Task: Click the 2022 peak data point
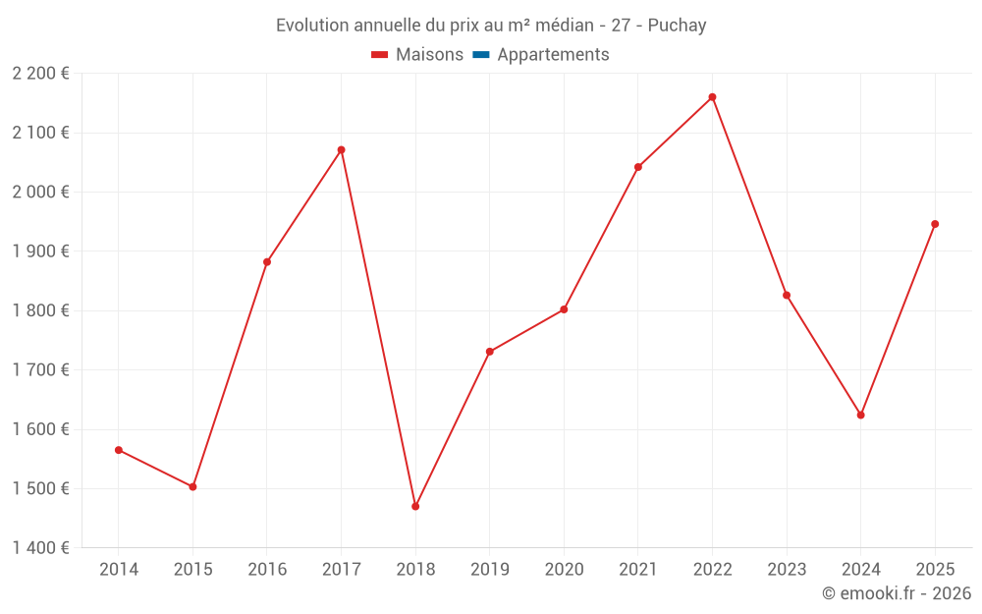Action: tap(712, 97)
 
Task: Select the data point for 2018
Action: tap(415, 507)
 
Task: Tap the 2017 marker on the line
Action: tap(341, 150)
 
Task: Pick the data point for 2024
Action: tap(860, 415)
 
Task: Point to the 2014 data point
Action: tap(119, 450)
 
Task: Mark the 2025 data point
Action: tap(935, 224)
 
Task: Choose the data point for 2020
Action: tap(564, 309)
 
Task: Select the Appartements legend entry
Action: tap(553, 55)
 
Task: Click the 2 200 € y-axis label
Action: tap(41, 74)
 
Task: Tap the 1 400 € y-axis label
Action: tap(41, 548)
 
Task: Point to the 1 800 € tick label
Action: tap(41, 310)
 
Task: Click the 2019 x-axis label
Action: tap(489, 570)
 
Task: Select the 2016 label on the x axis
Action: tap(267, 570)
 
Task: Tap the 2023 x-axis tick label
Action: tap(787, 570)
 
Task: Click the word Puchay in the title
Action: tap(678, 26)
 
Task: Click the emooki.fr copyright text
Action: tap(897, 593)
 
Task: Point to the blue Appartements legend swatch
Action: tap(481, 55)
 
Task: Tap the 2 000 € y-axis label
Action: tap(41, 193)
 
